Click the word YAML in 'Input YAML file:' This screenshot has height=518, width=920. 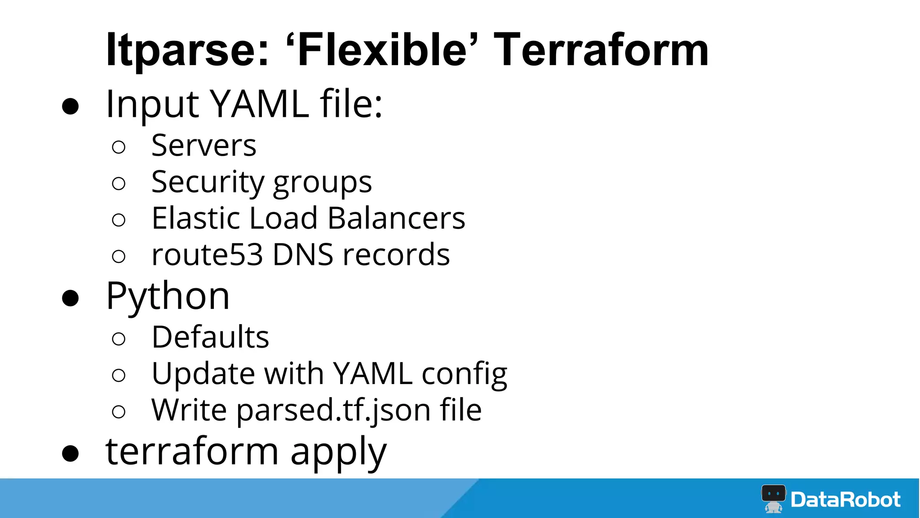coord(260,104)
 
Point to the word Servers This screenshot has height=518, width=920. coord(203,146)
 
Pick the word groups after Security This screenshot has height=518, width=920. coord(322,183)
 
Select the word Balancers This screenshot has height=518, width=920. coord(396,218)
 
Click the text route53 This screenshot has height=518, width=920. coord(207,255)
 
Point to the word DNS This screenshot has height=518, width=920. coord(303,255)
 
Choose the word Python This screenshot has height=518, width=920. coord(168,297)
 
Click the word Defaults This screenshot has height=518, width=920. coord(210,337)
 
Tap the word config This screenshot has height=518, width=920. coord(464,375)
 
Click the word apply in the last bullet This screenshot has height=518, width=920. coord(338,452)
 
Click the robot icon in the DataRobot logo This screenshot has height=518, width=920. coord(773,498)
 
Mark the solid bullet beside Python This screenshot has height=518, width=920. coord(71,298)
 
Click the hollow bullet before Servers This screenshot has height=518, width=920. coord(119,147)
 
